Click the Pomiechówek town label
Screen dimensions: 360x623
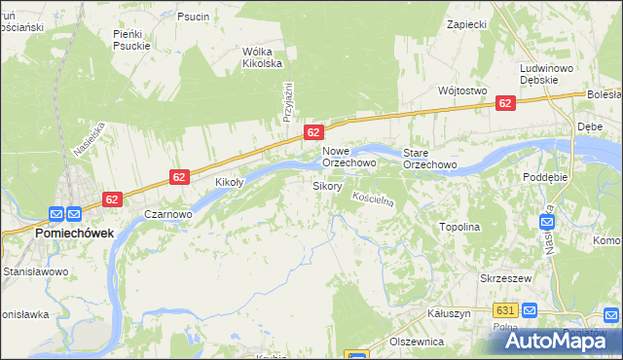tap(74, 234)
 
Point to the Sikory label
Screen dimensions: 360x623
tap(326, 185)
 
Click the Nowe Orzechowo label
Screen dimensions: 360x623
tap(349, 158)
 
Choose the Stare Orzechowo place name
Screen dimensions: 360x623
tap(430, 158)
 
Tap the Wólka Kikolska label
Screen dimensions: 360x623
tap(262, 57)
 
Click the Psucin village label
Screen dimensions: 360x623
tap(194, 17)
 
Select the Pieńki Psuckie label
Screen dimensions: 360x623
tap(131, 39)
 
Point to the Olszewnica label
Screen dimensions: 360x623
tap(417, 342)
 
